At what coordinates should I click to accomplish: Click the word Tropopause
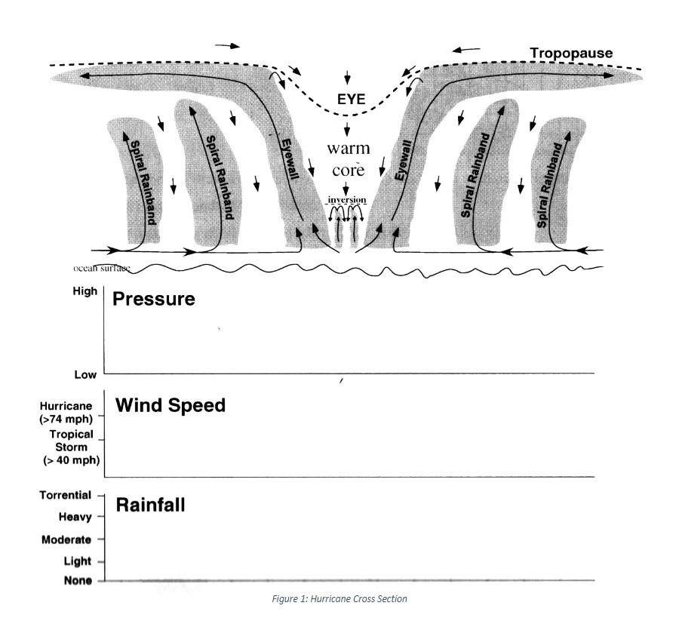[571, 54]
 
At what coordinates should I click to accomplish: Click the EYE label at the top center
[351, 100]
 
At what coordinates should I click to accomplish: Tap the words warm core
[348, 159]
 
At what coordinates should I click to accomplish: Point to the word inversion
[346, 200]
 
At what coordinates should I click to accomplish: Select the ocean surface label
[102, 268]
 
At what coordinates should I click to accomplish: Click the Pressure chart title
[153, 299]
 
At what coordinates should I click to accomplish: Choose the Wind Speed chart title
[170, 405]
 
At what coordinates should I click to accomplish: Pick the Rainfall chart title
[150, 505]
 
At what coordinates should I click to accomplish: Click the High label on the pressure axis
[84, 291]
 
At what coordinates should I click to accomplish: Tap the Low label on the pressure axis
[84, 375]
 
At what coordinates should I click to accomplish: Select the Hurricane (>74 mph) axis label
[66, 411]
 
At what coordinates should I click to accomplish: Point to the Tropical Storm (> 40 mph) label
[71, 447]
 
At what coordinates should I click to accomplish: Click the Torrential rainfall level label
[65, 496]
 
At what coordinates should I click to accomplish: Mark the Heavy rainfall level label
[75, 518]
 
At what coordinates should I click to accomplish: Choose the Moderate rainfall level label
[66, 540]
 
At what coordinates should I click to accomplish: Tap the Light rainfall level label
[77, 561]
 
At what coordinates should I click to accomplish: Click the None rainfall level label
[78, 580]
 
